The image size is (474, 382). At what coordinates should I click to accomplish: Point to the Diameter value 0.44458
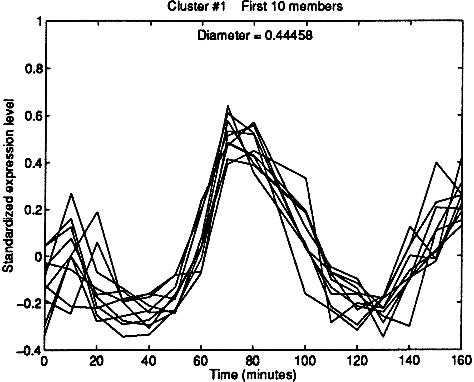pos(289,35)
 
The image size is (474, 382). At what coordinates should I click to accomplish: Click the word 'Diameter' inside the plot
pos(223,35)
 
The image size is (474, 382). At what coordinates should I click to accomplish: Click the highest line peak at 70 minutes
pos(228,106)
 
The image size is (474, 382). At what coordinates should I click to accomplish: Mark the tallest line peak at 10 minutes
pos(71,194)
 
